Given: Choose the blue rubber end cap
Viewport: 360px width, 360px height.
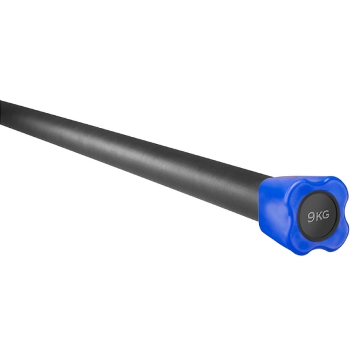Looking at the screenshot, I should pos(303,213).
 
